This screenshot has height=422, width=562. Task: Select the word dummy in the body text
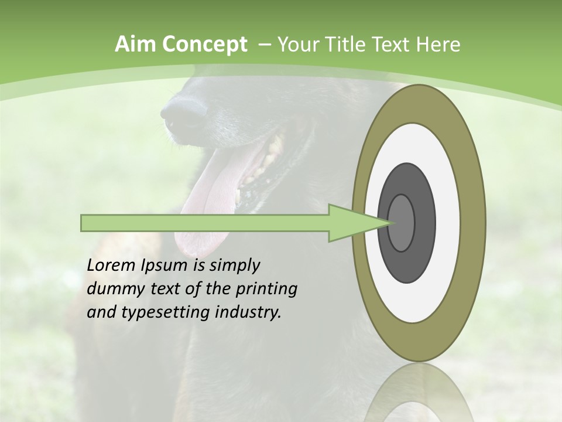(112, 289)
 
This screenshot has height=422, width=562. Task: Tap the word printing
(266, 290)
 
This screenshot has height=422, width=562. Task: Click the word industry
(248, 312)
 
